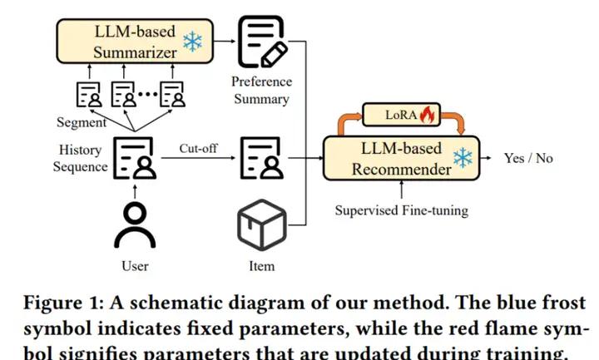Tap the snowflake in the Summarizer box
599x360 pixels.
192,42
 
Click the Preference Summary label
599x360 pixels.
261,91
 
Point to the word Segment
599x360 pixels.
82,122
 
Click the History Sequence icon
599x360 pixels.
134,158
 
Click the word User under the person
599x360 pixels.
134,266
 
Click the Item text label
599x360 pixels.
261,266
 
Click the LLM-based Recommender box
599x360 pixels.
399,159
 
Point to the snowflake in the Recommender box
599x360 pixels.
462,159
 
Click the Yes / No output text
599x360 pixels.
528,158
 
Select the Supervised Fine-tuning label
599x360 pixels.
401,210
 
